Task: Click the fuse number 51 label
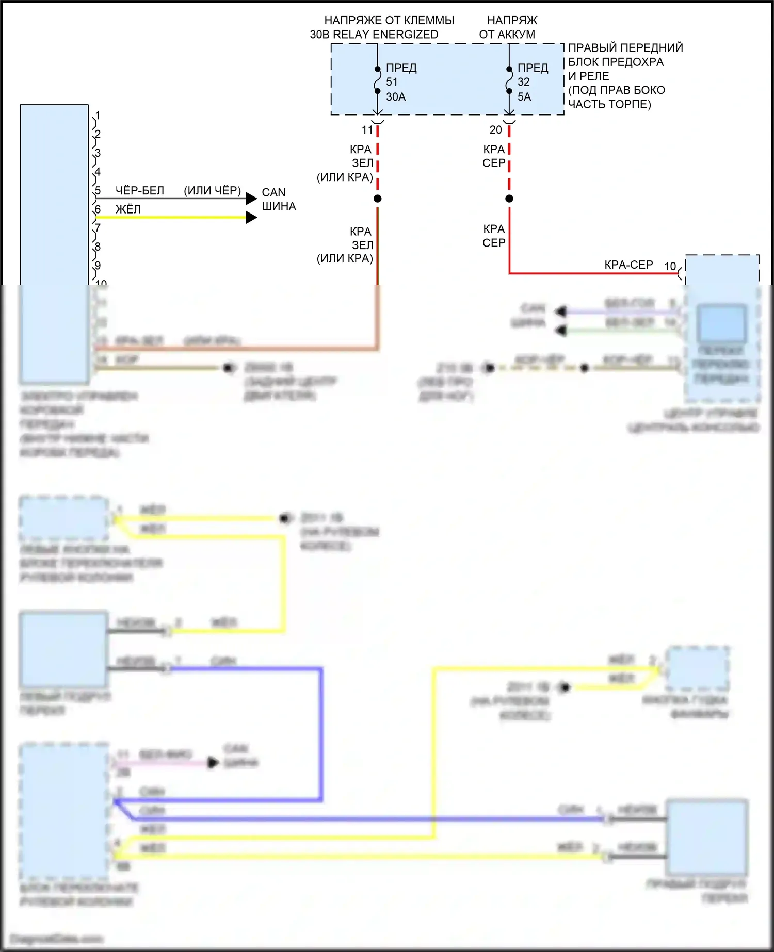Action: coord(392,82)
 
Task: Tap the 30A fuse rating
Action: coord(396,96)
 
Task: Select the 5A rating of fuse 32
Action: coord(524,96)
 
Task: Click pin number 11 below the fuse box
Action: coord(367,130)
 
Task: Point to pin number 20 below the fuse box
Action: coord(495,130)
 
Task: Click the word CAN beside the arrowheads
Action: coord(273,192)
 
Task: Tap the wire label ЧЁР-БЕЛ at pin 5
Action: coord(139,191)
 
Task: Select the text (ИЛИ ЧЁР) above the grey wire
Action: coord(212,191)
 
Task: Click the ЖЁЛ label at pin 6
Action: coord(128,209)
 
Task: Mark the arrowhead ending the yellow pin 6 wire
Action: coord(251,218)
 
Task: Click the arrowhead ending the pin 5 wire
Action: coord(251,199)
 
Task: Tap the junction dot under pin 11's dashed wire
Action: coord(378,199)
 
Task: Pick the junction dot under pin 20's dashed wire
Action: coord(509,199)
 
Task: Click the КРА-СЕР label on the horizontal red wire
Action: coord(628,265)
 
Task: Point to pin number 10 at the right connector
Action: coord(670,267)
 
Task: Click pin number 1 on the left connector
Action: coord(98,116)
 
